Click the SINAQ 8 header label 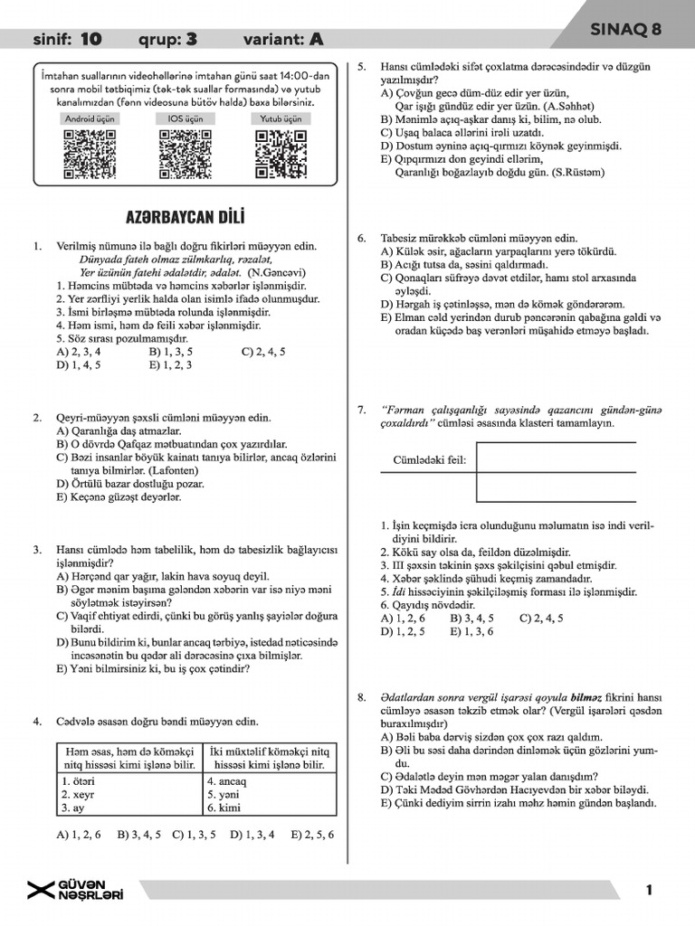coord(625,30)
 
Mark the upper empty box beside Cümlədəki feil coord(556,458)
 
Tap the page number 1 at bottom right coord(649,891)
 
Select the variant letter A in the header coord(316,39)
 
